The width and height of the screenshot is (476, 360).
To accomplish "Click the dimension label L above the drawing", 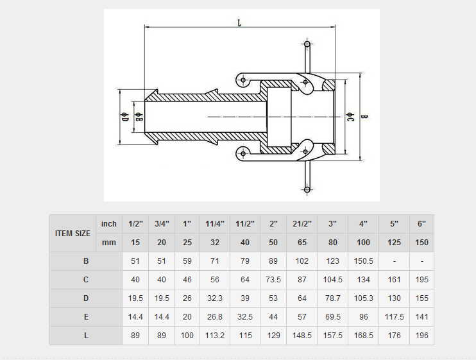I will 239,22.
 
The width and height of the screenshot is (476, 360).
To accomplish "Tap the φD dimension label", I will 125,117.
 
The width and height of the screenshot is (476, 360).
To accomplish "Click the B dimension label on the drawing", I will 364,117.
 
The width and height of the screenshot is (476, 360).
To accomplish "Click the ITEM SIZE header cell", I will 72,233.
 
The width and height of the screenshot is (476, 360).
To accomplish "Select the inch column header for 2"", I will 273,224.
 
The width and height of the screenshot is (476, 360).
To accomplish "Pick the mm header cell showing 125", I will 394,243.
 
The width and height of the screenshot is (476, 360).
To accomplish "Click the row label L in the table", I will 86,336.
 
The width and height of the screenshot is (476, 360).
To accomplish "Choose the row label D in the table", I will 86,298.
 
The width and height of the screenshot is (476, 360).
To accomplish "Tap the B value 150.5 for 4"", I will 364,261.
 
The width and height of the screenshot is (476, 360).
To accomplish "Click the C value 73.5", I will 273,280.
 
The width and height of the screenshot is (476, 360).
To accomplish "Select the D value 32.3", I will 215,298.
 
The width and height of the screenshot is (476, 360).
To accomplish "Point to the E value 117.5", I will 394,317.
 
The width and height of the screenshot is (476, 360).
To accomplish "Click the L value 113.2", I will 215,336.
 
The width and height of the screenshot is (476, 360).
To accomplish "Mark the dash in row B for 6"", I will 421,261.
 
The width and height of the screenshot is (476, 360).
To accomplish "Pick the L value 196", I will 421,336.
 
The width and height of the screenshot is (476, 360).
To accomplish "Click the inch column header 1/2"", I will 135,224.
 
